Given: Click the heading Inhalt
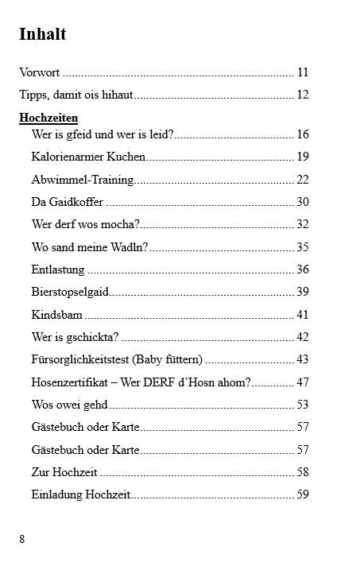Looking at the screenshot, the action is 42,34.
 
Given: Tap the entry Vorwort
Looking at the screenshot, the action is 40,72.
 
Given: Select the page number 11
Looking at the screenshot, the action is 302,72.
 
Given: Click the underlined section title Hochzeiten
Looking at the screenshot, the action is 48,118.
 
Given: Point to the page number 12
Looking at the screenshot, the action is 302,95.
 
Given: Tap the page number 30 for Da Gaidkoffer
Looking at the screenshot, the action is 302,202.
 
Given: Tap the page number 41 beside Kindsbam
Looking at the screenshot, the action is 302,315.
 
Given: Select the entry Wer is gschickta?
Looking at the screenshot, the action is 75,337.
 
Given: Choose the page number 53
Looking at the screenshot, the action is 302,405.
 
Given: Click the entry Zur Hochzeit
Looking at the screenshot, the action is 64,472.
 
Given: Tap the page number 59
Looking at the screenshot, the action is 302,494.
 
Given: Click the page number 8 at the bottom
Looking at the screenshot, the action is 22,539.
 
